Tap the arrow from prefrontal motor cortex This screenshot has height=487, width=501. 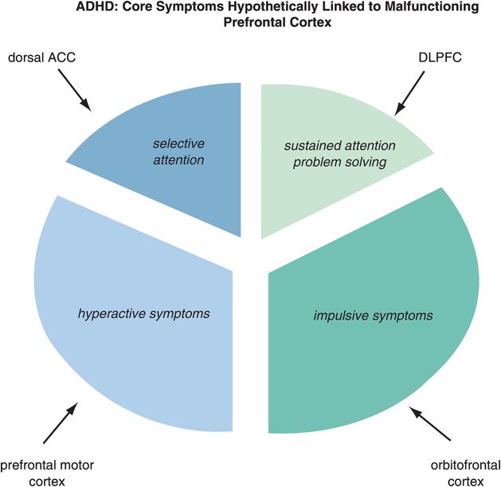(61, 422)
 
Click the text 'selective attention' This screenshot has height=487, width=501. (178, 151)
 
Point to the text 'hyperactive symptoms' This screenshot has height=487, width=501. (144, 313)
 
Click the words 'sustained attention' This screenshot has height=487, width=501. (335, 147)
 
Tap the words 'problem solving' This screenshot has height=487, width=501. (335, 163)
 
